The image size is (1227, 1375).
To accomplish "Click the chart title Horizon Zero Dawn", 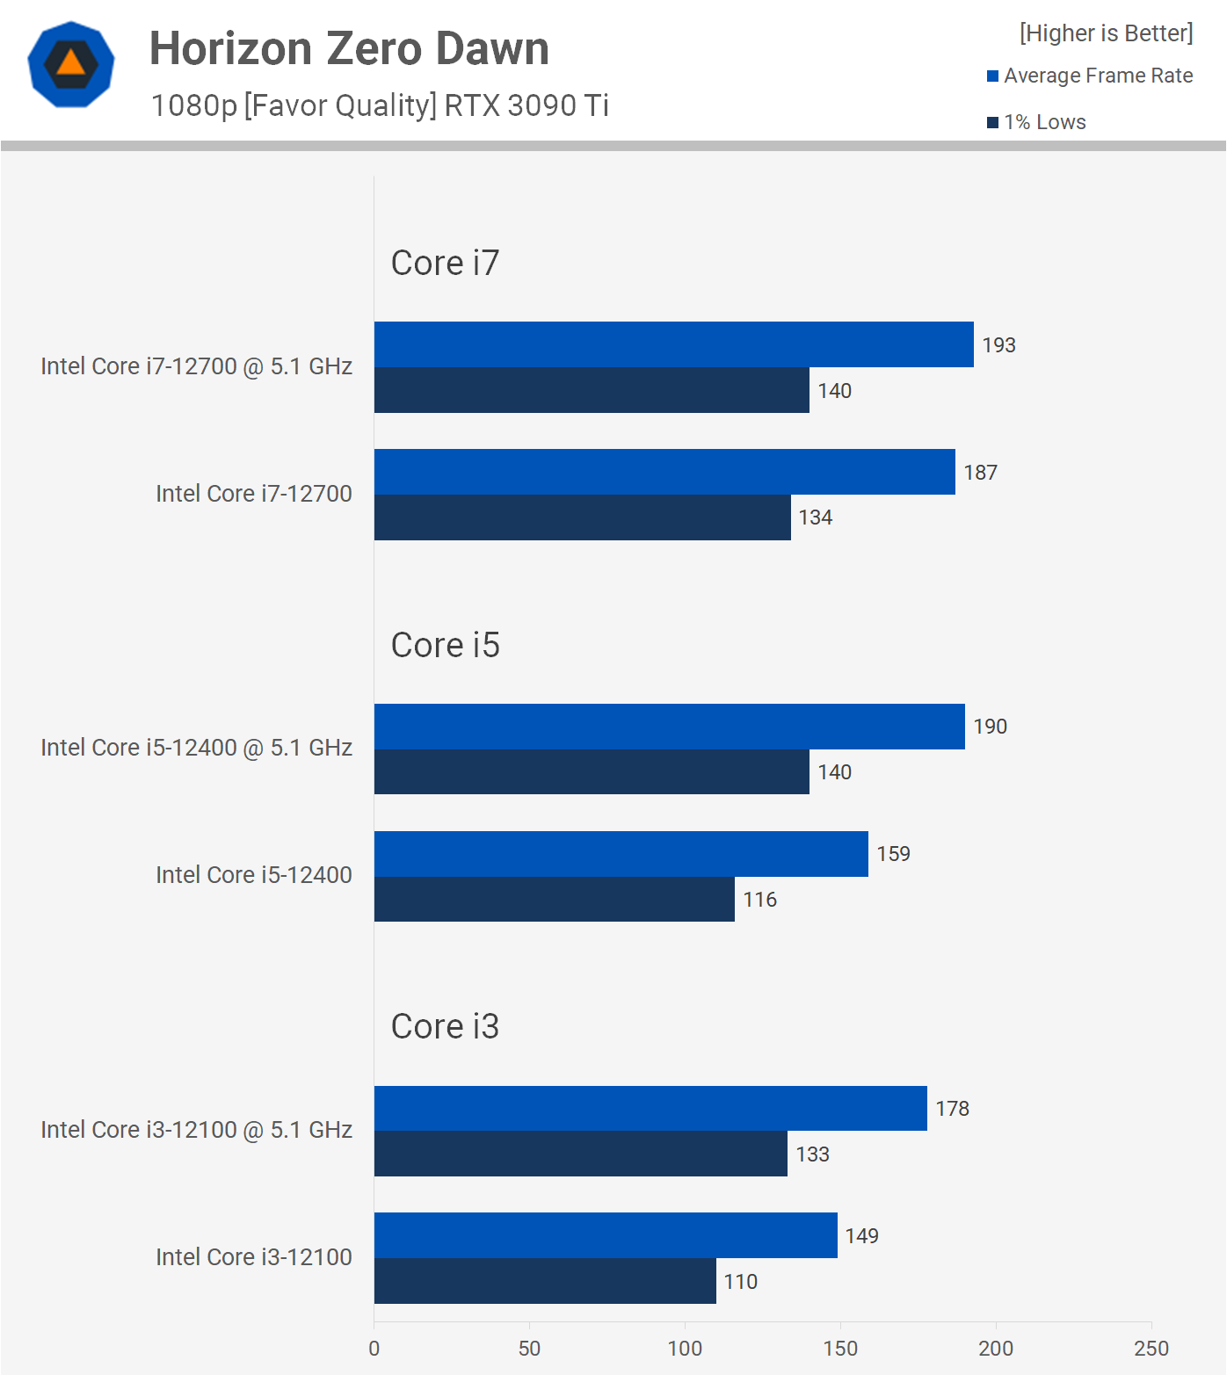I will click(x=349, y=49).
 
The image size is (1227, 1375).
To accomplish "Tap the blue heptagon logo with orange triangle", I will click(x=71, y=64).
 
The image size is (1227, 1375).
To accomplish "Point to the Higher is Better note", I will click(x=1106, y=33).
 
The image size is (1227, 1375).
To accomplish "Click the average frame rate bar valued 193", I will click(x=673, y=344).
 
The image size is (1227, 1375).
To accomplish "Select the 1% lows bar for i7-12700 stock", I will click(x=582, y=517).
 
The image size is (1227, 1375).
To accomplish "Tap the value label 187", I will click(x=980, y=473).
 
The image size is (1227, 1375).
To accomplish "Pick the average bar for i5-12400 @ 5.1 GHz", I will click(x=669, y=727).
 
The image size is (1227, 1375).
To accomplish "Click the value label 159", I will click(x=893, y=854).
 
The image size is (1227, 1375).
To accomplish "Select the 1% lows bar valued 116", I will click(x=554, y=900).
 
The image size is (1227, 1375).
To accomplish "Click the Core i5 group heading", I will click(x=445, y=645).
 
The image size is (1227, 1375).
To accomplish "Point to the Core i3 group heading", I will click(x=445, y=1026).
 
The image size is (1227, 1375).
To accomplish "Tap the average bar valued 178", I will click(x=650, y=1109).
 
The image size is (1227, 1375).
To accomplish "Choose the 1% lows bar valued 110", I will click(x=545, y=1281).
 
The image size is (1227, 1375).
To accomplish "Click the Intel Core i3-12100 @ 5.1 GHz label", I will click(x=196, y=1130).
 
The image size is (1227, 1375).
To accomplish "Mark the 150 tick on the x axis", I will click(x=840, y=1349).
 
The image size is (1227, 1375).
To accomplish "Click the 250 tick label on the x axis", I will click(x=1151, y=1349).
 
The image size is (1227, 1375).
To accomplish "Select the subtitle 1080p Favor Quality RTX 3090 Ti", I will click(x=380, y=105).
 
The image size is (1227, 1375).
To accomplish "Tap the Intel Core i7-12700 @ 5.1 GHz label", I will click(x=196, y=366).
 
